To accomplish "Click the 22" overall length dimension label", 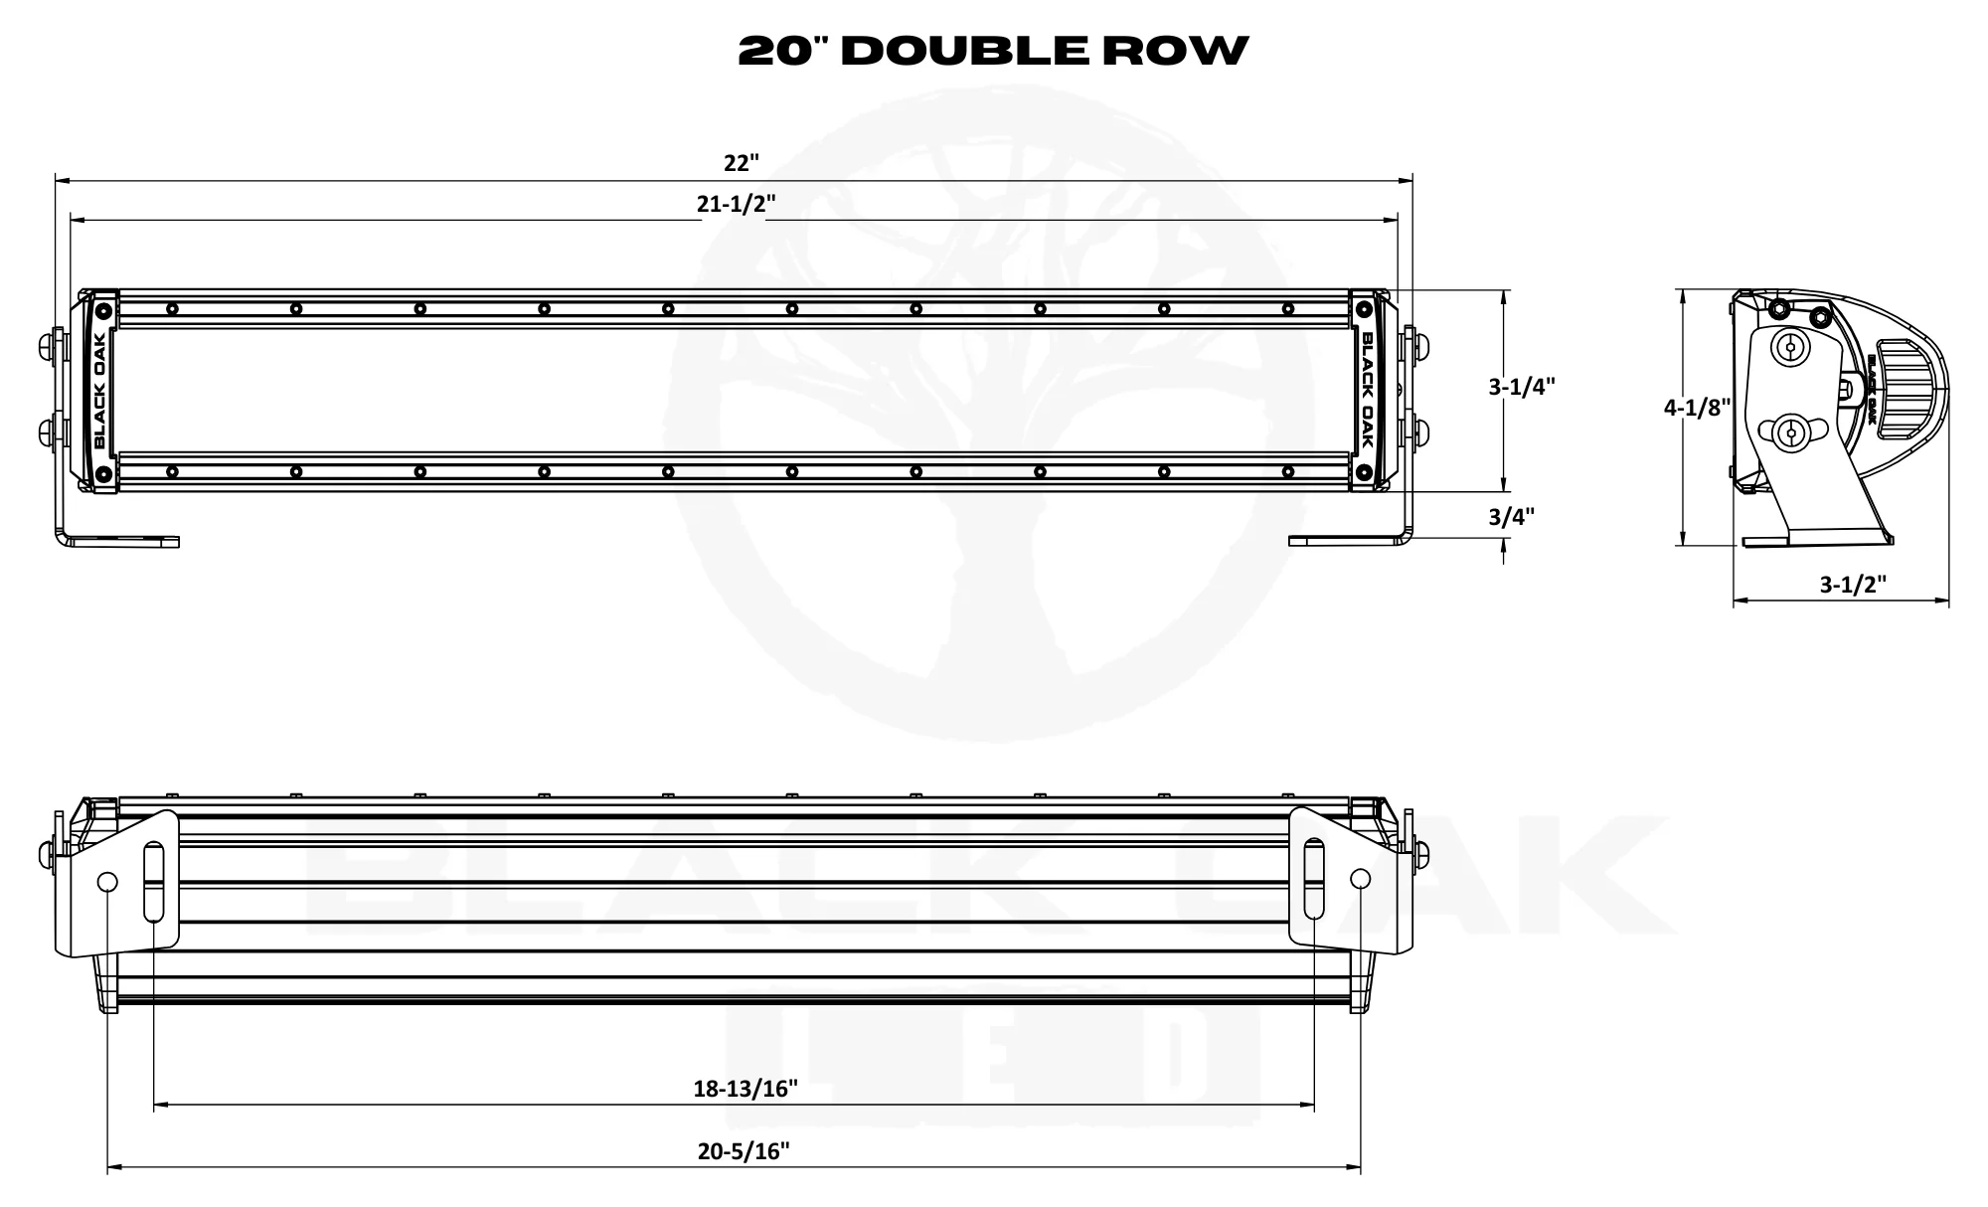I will pos(740,162).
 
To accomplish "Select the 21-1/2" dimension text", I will pos(736,204).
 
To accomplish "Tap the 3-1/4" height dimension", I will pos(1521,387).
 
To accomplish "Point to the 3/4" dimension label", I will pos(1511,516).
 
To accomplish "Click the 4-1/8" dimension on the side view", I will pos(1698,407).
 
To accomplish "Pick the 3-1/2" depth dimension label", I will pos(1853,585).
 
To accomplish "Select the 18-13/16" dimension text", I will pos(745,1089).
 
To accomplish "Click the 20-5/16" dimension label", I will pos(744,1151).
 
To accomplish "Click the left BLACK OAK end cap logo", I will pos(101,390).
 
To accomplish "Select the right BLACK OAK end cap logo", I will pos(1367,389).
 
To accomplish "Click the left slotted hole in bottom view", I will pos(154,882).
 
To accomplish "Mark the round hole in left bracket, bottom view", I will pos(108,882).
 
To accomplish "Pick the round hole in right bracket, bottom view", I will pos(1361,879).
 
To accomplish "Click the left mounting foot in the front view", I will pos(119,541).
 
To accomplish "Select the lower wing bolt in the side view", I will pos(1790,432).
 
